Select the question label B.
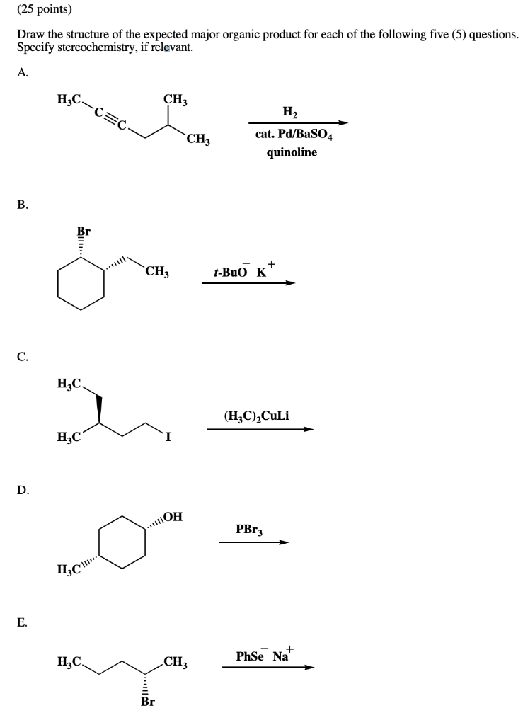(x=23, y=205)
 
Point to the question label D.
(x=23, y=489)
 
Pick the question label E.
(x=23, y=622)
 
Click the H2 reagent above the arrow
(x=290, y=112)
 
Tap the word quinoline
(x=292, y=152)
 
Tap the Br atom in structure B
(x=84, y=232)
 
